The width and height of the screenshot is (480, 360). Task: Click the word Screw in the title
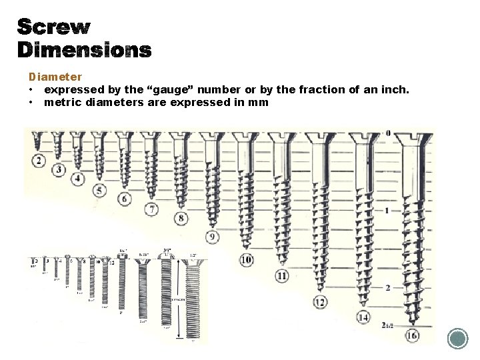pos(53,27)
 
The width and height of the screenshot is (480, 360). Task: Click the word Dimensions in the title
pos(84,50)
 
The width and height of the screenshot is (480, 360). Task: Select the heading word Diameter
pos(55,77)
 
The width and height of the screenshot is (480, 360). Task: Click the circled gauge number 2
pos(38,160)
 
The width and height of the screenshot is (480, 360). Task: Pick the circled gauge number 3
pos(59,170)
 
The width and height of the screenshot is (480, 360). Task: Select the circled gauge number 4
pos(78,178)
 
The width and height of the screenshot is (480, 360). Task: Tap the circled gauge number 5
pos(99,191)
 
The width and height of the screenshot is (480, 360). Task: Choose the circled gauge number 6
pos(124,199)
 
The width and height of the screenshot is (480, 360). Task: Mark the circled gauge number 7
pos(152,210)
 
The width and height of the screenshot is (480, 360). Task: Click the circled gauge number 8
pos(181,218)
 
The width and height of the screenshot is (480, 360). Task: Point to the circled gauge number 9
pos(212,237)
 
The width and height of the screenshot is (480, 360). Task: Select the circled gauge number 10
pos(246,259)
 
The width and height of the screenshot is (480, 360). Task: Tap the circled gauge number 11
pos(282,276)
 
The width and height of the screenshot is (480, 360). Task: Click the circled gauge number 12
pos(320,302)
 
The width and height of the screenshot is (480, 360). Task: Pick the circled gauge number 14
pos(363,317)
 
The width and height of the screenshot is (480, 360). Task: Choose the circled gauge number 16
pos(412,335)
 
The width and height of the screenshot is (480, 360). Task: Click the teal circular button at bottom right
pos(457,339)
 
